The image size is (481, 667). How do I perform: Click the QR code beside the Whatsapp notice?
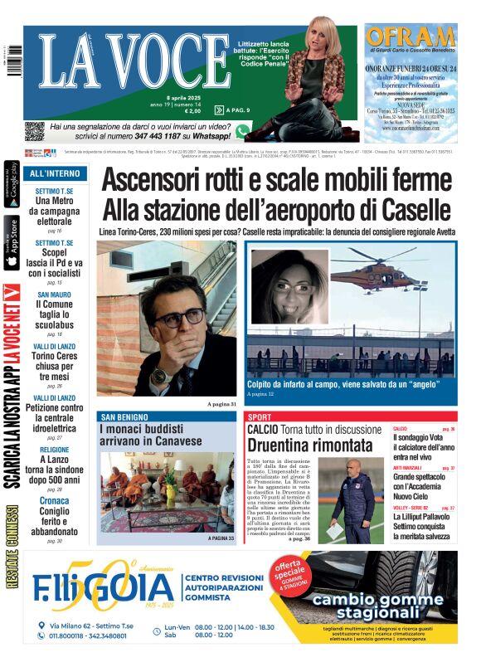coord(34,131)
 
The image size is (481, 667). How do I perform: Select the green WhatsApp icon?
coord(242,131)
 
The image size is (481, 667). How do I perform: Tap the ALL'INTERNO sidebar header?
coord(55,174)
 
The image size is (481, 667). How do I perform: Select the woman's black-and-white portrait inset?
coord(289,287)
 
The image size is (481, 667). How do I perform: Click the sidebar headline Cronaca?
coord(55,501)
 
